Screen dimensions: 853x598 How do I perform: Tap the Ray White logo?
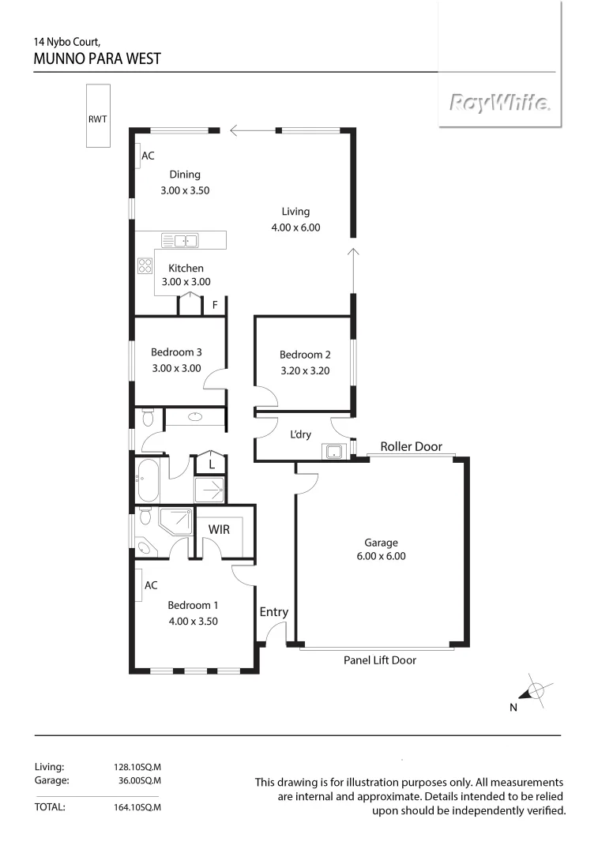tap(499, 103)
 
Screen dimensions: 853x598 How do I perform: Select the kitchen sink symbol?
tap(180, 240)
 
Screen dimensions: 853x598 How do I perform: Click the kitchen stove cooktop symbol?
tap(145, 265)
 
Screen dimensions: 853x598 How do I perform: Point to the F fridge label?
tap(215, 305)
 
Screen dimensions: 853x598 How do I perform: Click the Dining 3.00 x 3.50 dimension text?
tap(184, 190)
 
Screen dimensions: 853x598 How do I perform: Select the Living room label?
tap(295, 212)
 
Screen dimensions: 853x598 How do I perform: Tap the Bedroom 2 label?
tap(301, 355)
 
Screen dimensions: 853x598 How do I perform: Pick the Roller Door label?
tap(411, 447)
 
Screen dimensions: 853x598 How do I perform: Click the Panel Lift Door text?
tap(379, 660)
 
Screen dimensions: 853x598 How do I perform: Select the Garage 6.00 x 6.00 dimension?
tap(381, 556)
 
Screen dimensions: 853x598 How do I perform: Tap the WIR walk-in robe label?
tap(219, 529)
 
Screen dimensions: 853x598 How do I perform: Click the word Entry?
tap(273, 612)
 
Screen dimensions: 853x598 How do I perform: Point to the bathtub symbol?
tap(148, 479)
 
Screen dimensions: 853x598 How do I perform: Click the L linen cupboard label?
tap(211, 466)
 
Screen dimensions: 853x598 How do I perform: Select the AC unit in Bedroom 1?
tap(138, 585)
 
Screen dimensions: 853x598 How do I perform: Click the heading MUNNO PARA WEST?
tap(97, 58)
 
